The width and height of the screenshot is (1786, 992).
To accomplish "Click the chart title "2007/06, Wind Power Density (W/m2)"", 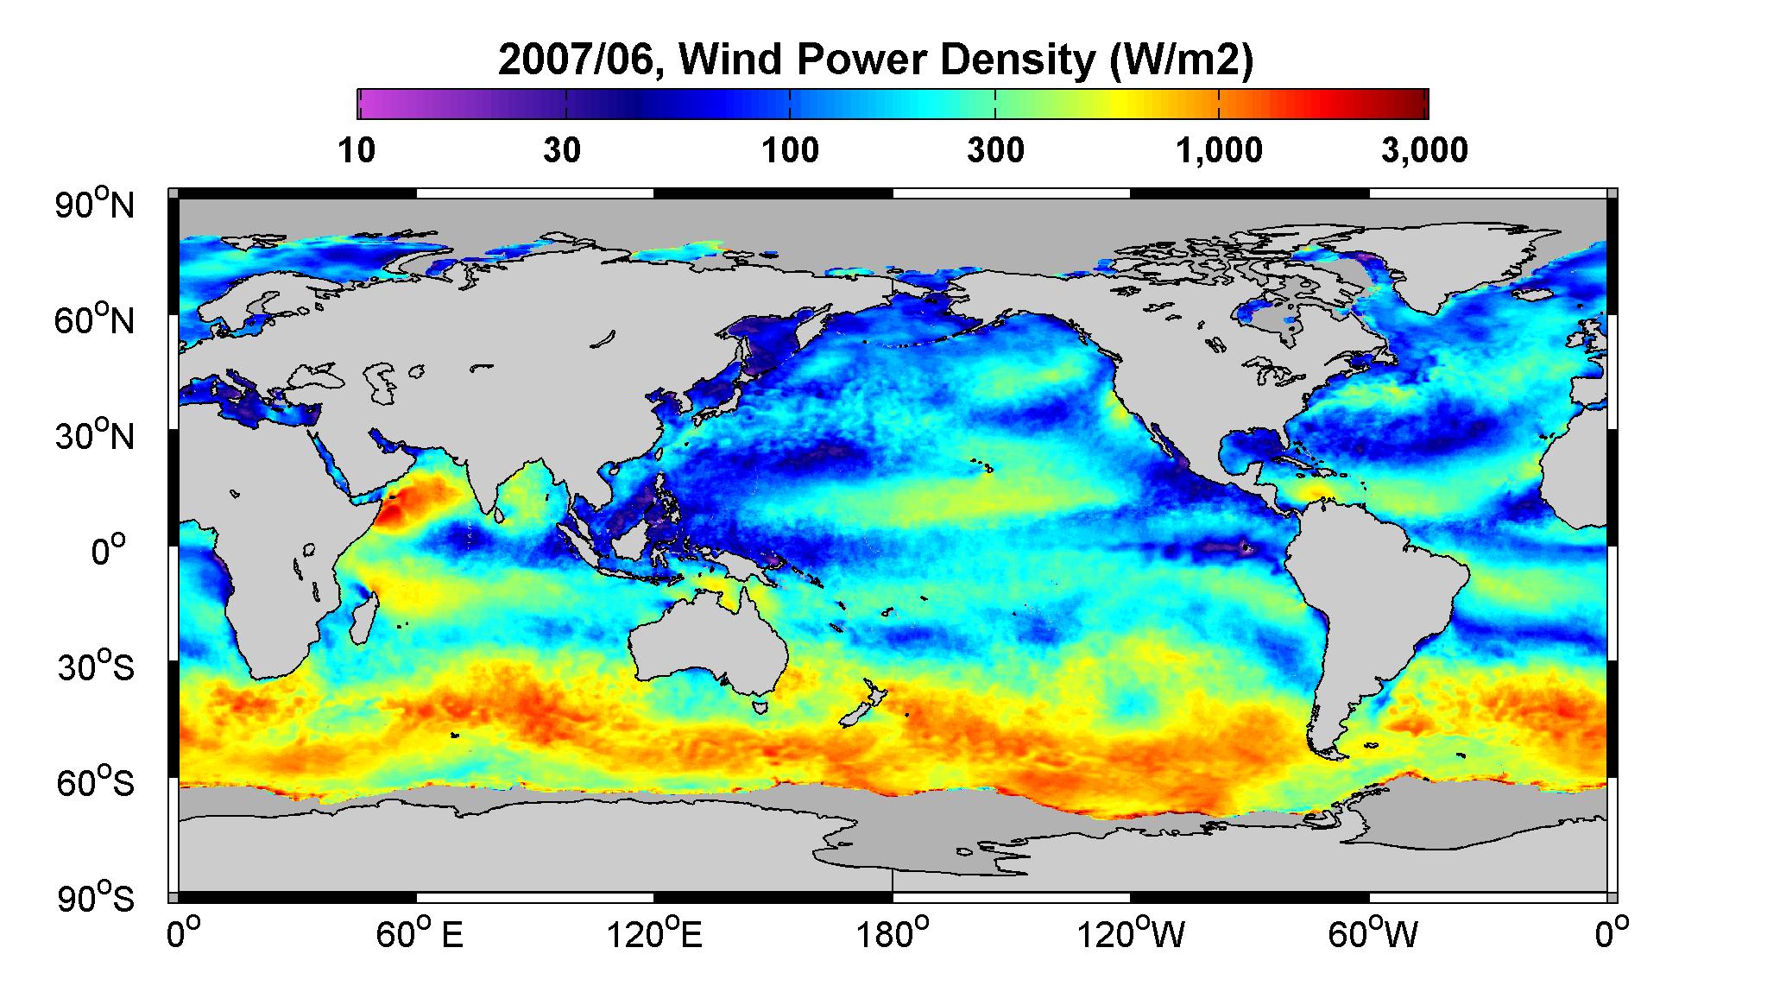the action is tap(874, 60).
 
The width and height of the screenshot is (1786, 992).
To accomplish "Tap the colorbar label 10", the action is tap(357, 150).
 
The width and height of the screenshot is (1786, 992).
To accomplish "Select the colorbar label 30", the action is tap(562, 150).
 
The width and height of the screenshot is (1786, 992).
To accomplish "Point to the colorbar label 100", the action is tap(791, 150).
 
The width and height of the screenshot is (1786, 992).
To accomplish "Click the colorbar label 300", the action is tap(995, 150).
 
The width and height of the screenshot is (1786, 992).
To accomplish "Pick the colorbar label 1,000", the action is tap(1219, 150).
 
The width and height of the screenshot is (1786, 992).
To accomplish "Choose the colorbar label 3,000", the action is tap(1424, 150).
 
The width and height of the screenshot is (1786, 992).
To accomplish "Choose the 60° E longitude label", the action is tap(420, 934).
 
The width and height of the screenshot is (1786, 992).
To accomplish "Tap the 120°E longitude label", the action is tap(654, 934).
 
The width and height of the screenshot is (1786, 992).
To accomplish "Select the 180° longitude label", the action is tap(892, 934).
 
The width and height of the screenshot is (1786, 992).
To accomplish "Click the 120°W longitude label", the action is tap(1131, 934).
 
